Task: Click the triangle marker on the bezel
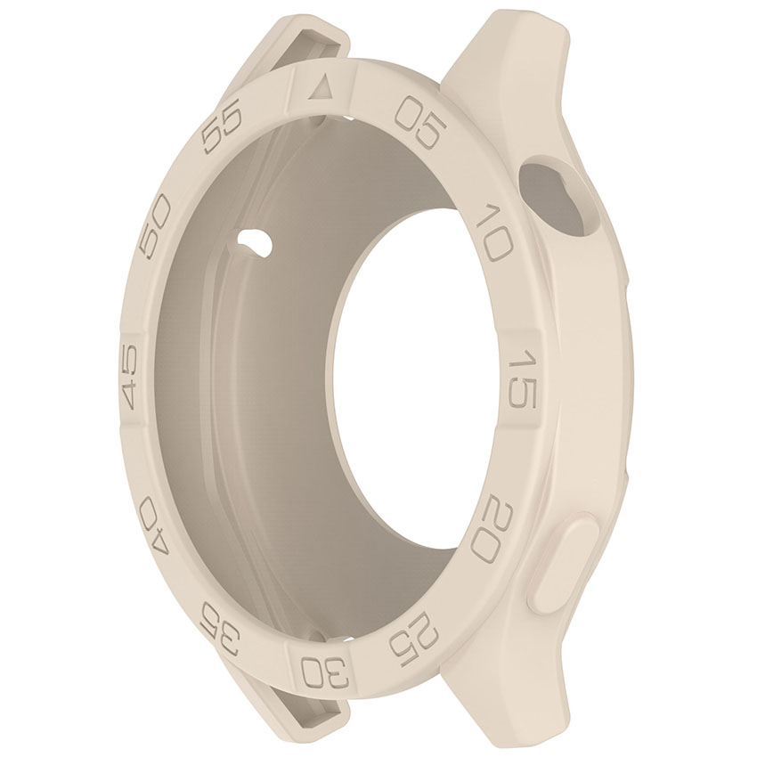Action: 322,88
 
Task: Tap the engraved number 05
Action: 418,125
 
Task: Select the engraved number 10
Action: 493,231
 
